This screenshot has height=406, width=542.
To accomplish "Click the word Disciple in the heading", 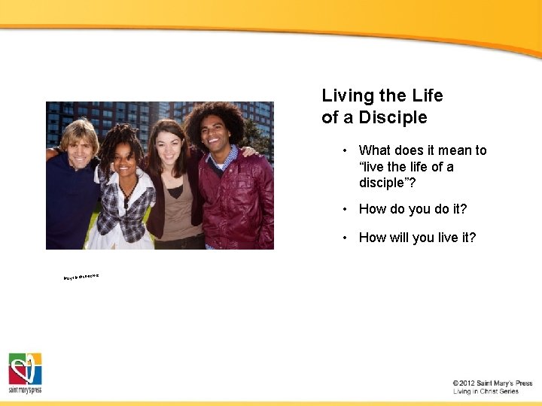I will click(x=393, y=118).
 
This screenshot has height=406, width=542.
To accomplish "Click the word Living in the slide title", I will click(x=348, y=96).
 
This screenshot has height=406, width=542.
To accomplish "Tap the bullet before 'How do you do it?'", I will click(x=343, y=209).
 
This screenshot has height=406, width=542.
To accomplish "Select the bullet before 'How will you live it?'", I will click(x=343, y=238).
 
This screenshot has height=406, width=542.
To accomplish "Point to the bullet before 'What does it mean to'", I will click(x=343, y=150).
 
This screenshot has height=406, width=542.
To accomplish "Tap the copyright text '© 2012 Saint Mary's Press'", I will click(x=492, y=383).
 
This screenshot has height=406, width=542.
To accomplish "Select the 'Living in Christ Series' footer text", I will click(x=486, y=392).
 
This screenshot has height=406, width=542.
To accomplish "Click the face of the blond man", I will click(x=79, y=147).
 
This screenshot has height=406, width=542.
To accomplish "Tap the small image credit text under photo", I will click(x=81, y=277).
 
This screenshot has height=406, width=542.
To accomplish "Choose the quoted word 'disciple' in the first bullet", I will click(x=382, y=183).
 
